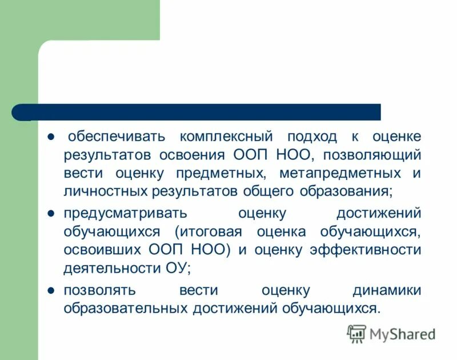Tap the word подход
(311, 137)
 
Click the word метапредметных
(342, 173)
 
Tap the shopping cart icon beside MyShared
(356, 334)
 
